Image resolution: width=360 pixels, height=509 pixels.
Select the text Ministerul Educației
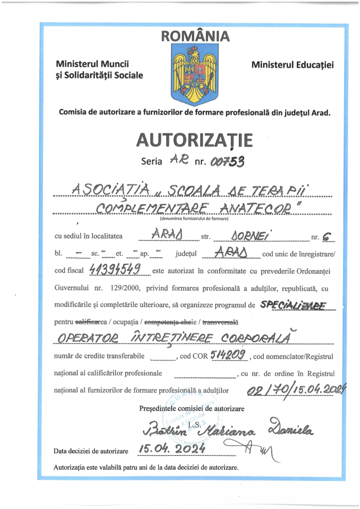click(292, 65)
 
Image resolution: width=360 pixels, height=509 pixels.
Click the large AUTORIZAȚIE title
click(194, 140)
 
